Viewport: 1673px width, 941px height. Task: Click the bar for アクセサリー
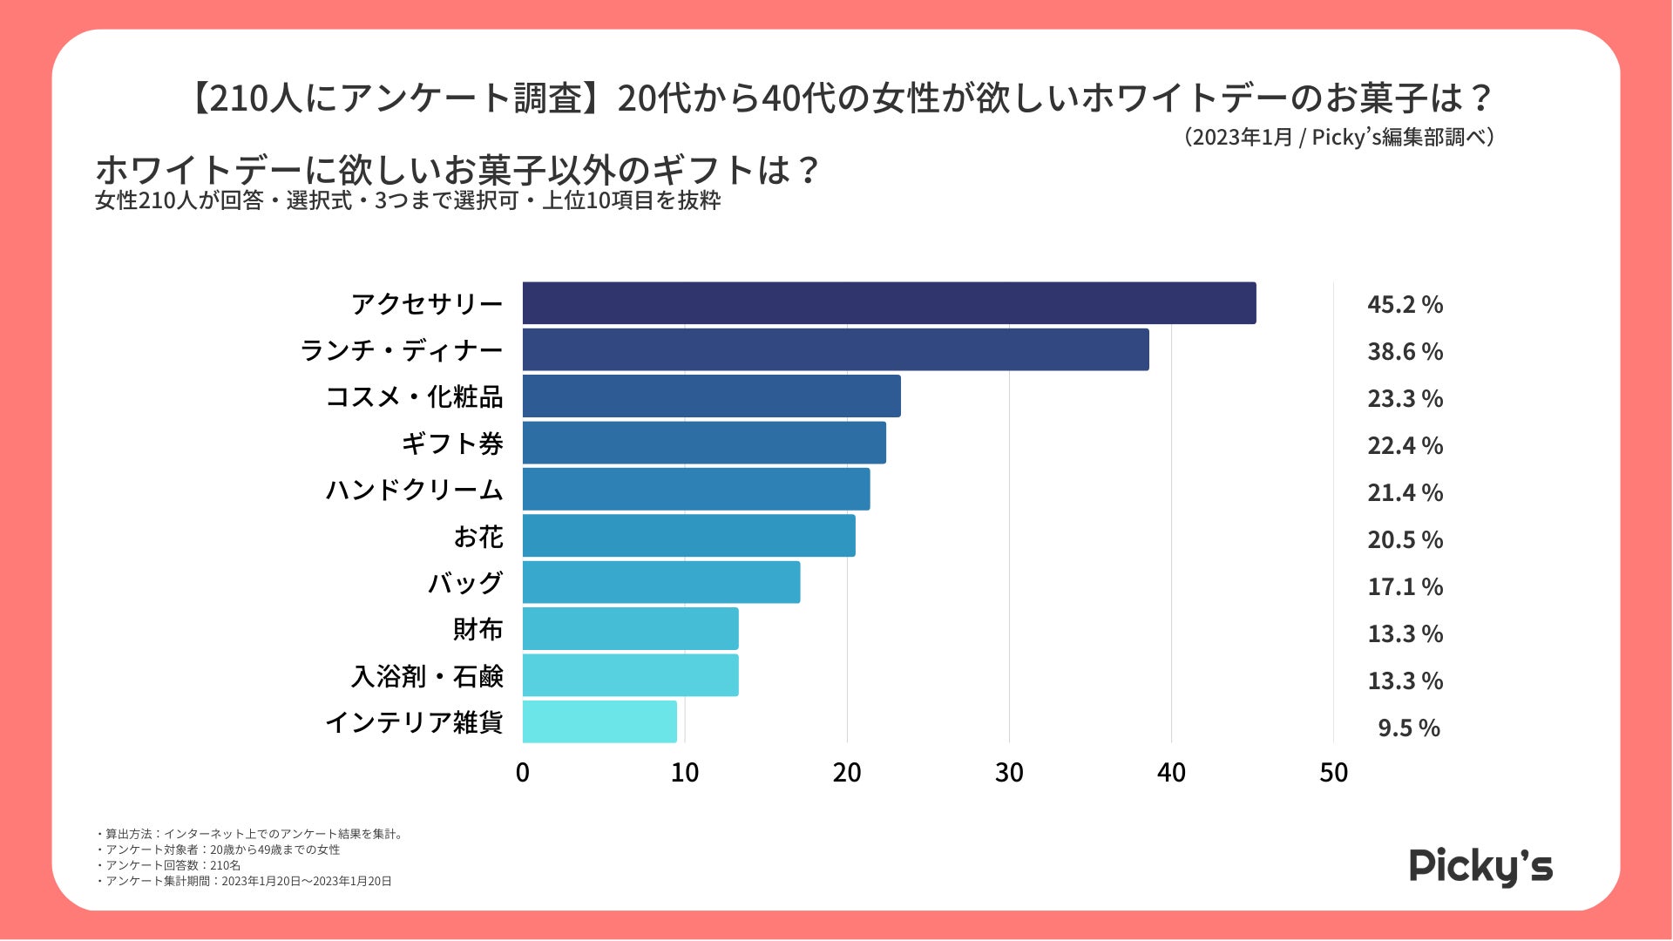(889, 303)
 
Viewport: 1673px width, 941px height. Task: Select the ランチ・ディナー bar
(836, 349)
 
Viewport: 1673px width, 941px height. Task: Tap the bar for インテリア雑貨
(599, 721)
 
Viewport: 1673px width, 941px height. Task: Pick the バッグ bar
(661, 582)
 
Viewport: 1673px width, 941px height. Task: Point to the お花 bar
(688, 536)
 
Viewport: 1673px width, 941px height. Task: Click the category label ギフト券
(452, 443)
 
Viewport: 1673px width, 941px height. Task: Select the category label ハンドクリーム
(415, 490)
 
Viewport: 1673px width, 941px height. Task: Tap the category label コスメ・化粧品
(415, 396)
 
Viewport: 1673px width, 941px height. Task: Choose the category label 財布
(478, 629)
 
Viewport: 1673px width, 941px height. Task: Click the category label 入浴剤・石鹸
(427, 676)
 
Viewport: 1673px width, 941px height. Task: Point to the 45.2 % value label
(1405, 305)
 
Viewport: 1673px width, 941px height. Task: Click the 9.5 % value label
(1408, 728)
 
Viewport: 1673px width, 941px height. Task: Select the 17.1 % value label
(1405, 587)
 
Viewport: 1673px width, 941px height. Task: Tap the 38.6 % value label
(1405, 352)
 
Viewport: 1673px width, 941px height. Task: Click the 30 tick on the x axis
(1009, 773)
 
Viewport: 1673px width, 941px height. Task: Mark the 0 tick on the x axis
(523, 773)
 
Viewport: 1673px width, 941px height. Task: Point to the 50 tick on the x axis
(1333, 773)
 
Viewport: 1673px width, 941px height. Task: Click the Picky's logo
(1480, 867)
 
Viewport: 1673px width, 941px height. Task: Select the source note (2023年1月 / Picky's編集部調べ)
(1339, 138)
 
